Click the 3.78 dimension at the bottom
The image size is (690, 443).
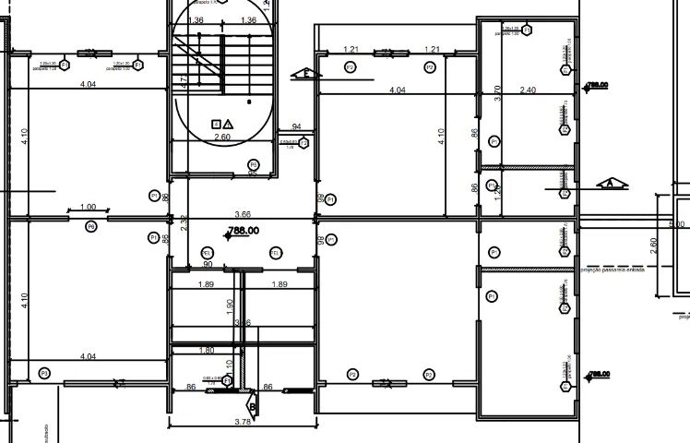tap(244, 422)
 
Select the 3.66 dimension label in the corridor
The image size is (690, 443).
tap(244, 213)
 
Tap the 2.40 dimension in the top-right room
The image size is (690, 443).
tap(528, 90)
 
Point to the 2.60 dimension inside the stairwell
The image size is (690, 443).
tap(222, 138)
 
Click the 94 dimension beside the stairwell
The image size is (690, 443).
tap(297, 126)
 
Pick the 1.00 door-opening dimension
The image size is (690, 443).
tap(89, 207)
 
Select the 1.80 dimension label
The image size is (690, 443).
tap(207, 350)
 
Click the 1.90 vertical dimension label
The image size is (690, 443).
tap(229, 305)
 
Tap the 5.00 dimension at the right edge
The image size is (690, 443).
tap(677, 224)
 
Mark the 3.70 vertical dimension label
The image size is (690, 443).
tap(497, 92)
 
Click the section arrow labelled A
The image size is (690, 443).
tap(610, 184)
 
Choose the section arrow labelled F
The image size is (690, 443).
tap(301, 73)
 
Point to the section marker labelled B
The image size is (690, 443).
tap(252, 403)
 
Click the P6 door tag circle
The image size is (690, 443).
tap(91, 226)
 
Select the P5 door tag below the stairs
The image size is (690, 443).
tap(254, 165)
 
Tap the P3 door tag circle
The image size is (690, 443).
tap(43, 373)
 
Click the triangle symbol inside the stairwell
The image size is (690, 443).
tap(228, 122)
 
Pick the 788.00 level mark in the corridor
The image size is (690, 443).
tap(242, 232)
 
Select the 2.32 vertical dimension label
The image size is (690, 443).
tap(184, 221)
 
